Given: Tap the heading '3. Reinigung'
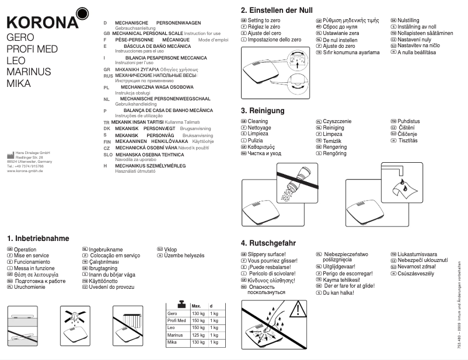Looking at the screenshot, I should click(x=263, y=110).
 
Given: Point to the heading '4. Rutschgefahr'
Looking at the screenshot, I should click(x=268, y=242).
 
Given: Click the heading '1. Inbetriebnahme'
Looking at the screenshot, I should click(x=38, y=238).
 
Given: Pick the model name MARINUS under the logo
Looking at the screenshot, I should click(x=29, y=71).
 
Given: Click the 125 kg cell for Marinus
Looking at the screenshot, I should click(x=198, y=335).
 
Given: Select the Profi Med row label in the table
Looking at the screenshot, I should click(x=176, y=321).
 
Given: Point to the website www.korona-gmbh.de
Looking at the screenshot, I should click(x=25, y=171).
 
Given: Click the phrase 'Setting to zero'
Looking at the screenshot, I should click(x=264, y=20).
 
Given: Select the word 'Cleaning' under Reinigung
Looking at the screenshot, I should click(x=258, y=121).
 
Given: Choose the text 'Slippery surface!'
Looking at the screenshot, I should click(x=267, y=255).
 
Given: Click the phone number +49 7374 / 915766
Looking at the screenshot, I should click(x=29, y=166).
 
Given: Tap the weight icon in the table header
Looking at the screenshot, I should click(x=181, y=305).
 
